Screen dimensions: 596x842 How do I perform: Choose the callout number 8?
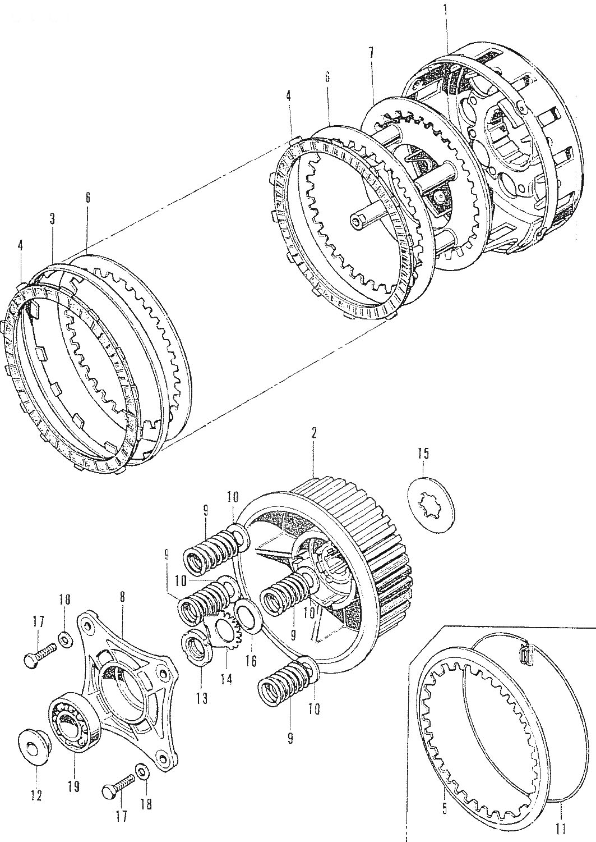(x=122, y=598)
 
